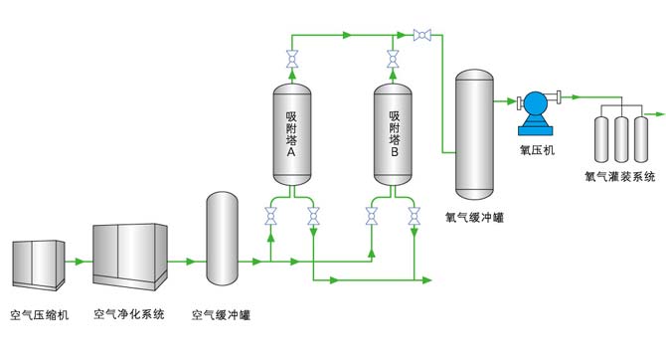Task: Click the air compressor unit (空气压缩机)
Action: (x=37, y=262)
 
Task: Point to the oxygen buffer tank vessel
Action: (x=474, y=134)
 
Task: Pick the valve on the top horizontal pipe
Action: (x=420, y=37)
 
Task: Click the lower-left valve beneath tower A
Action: (x=270, y=214)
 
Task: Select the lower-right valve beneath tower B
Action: (x=414, y=214)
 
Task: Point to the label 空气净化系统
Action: (x=130, y=316)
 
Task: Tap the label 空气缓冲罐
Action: (x=221, y=316)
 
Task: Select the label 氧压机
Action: (x=538, y=150)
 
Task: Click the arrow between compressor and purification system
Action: (x=79, y=263)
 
